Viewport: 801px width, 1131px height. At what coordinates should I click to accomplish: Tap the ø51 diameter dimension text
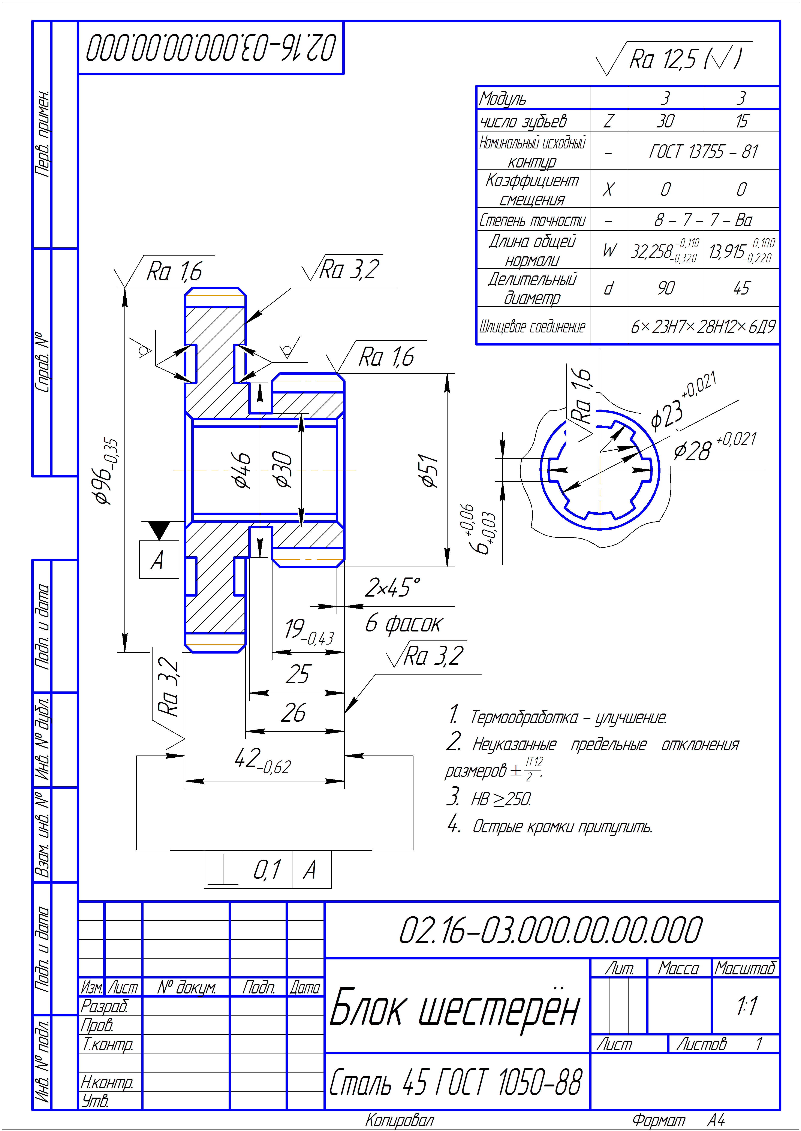click(429, 471)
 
